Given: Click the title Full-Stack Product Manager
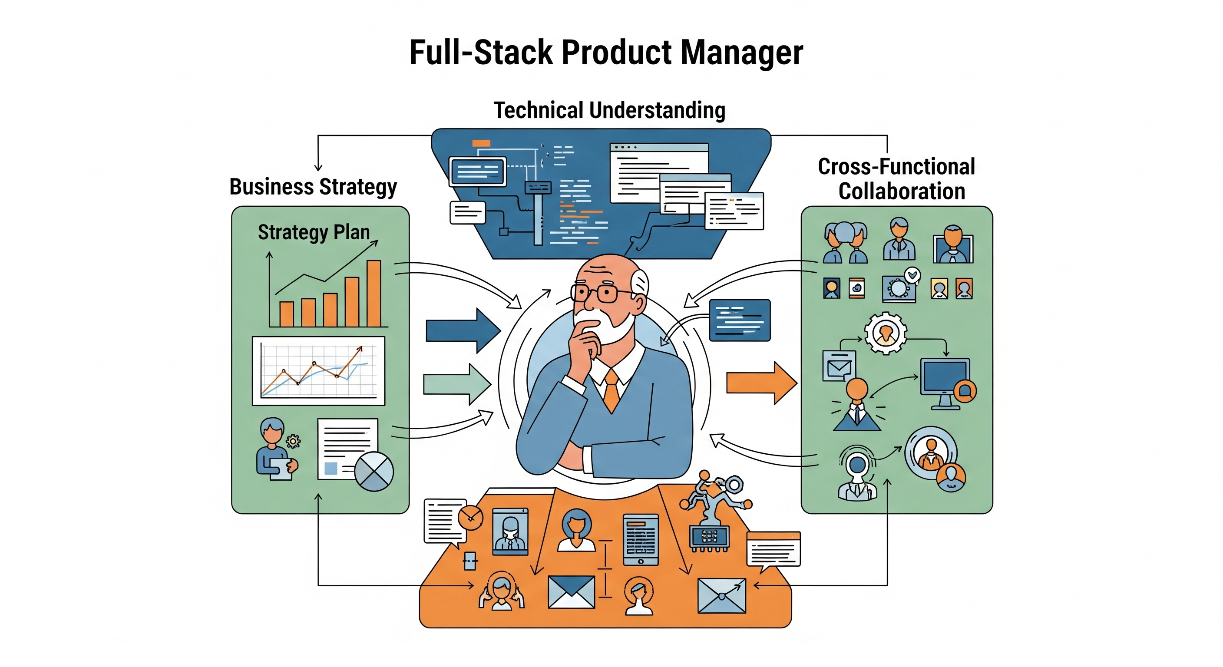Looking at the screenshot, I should click(606, 52).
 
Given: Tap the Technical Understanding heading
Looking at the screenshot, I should click(610, 110).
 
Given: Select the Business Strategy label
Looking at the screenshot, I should click(313, 187).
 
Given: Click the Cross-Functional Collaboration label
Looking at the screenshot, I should click(897, 179).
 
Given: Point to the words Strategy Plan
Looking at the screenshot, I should click(313, 232).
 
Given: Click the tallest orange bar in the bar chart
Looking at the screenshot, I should click(374, 293).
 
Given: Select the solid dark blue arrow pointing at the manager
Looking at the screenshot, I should click(462, 330).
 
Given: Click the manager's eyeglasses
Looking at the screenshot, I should click(596, 292).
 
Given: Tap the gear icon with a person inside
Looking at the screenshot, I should click(885, 333).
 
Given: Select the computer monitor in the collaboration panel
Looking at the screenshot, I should click(945, 377).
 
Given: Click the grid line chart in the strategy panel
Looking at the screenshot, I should click(318, 370).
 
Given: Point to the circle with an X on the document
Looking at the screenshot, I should click(374, 471).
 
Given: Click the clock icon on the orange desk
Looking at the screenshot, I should click(470, 518).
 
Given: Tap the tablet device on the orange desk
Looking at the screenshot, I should click(641, 539).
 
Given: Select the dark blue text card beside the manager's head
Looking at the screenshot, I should click(739, 320).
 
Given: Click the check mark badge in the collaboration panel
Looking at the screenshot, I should click(912, 274).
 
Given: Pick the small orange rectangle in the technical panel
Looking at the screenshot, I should click(481, 143).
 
